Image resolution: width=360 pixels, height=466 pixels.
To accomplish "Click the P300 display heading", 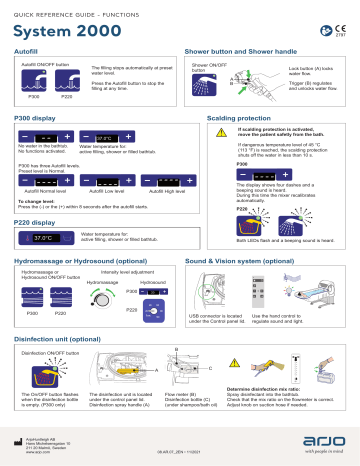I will [x=36, y=118].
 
